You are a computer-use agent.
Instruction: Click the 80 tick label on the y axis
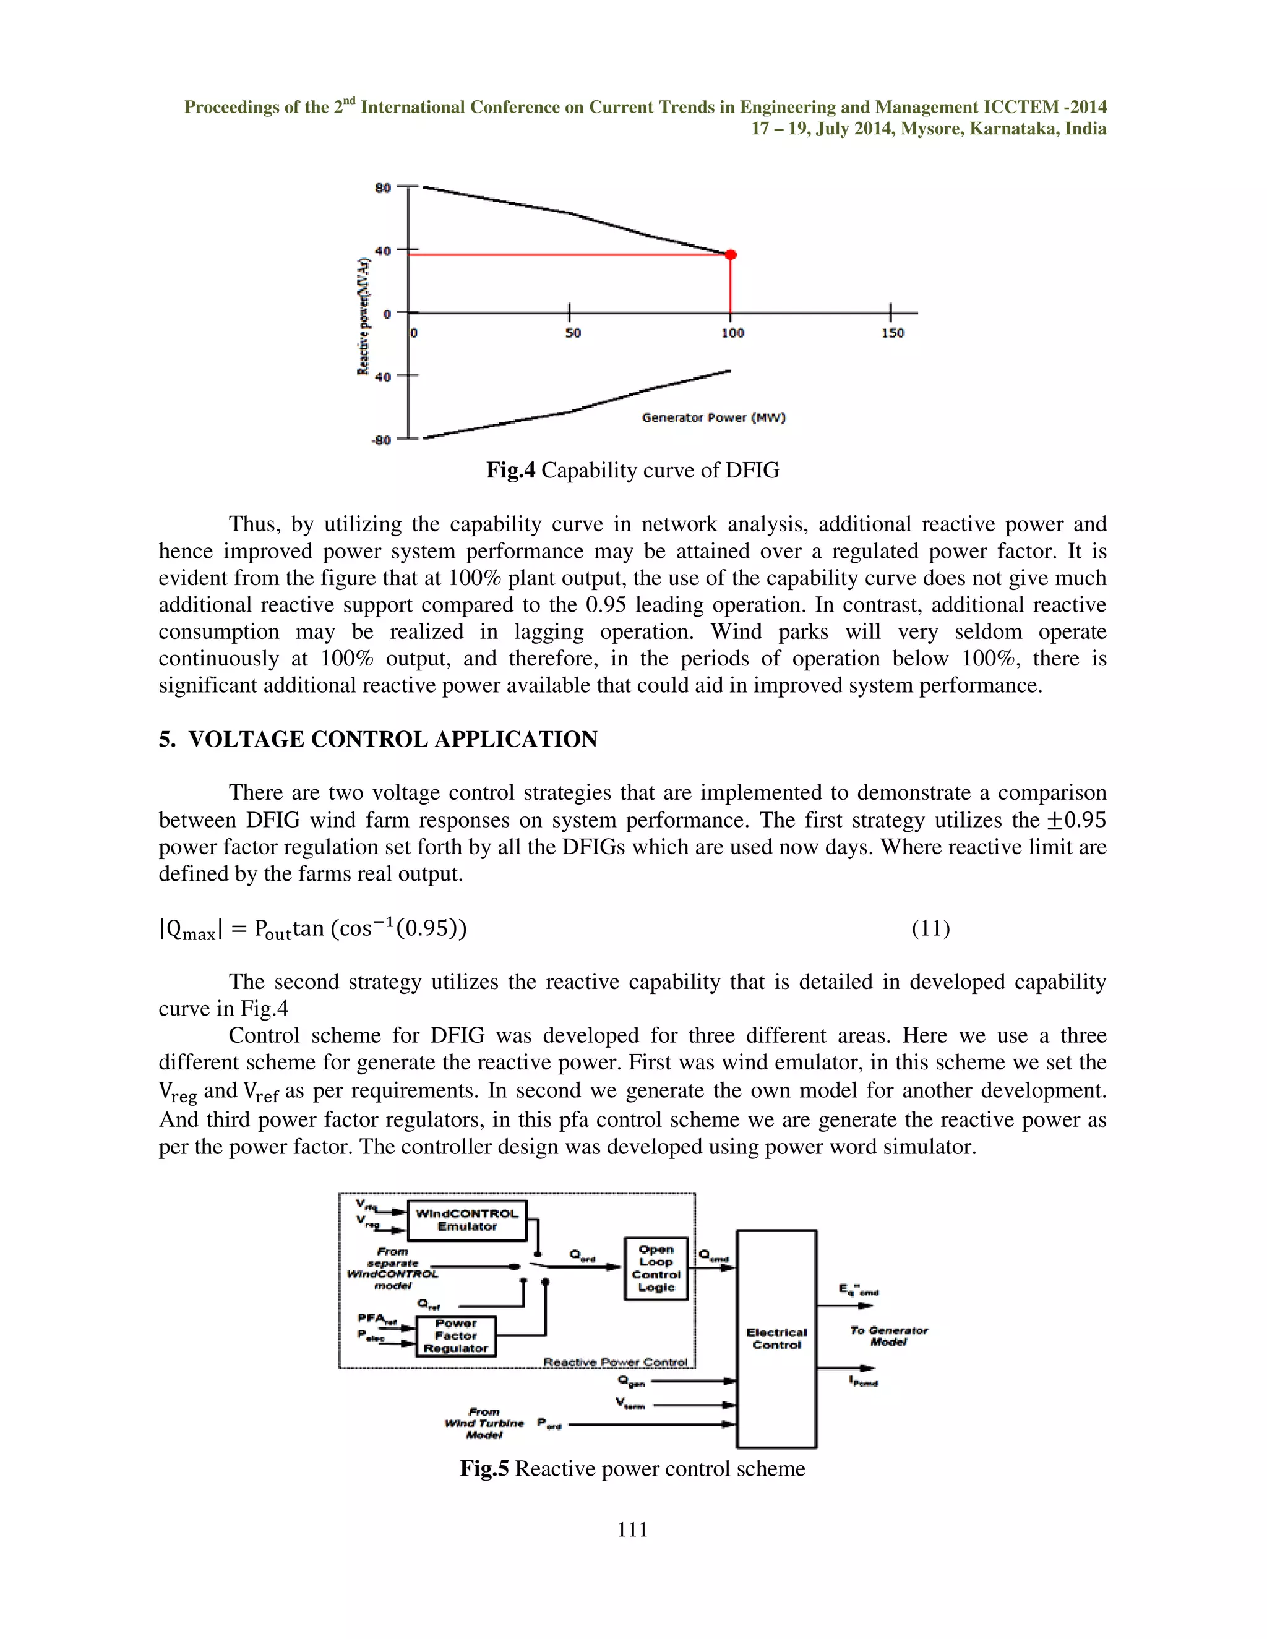point(383,187)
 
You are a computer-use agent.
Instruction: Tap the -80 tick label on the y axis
point(381,440)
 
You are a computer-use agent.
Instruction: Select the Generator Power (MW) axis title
point(713,418)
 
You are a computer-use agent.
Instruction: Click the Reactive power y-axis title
point(363,317)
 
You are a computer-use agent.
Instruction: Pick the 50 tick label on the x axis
point(573,333)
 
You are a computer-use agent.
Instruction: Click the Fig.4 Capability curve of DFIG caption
point(633,471)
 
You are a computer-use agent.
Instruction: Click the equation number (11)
point(930,928)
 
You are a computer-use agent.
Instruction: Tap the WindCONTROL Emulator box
point(467,1220)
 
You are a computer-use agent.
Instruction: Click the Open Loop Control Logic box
point(656,1269)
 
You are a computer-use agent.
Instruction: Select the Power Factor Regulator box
point(455,1336)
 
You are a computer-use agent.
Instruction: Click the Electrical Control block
point(776,1339)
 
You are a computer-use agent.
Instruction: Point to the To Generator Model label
point(889,1336)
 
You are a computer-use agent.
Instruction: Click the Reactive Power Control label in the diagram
point(615,1362)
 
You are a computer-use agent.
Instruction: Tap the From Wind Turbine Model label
point(484,1424)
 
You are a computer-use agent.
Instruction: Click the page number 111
point(633,1530)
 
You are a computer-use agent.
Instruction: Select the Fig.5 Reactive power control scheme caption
point(633,1469)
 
